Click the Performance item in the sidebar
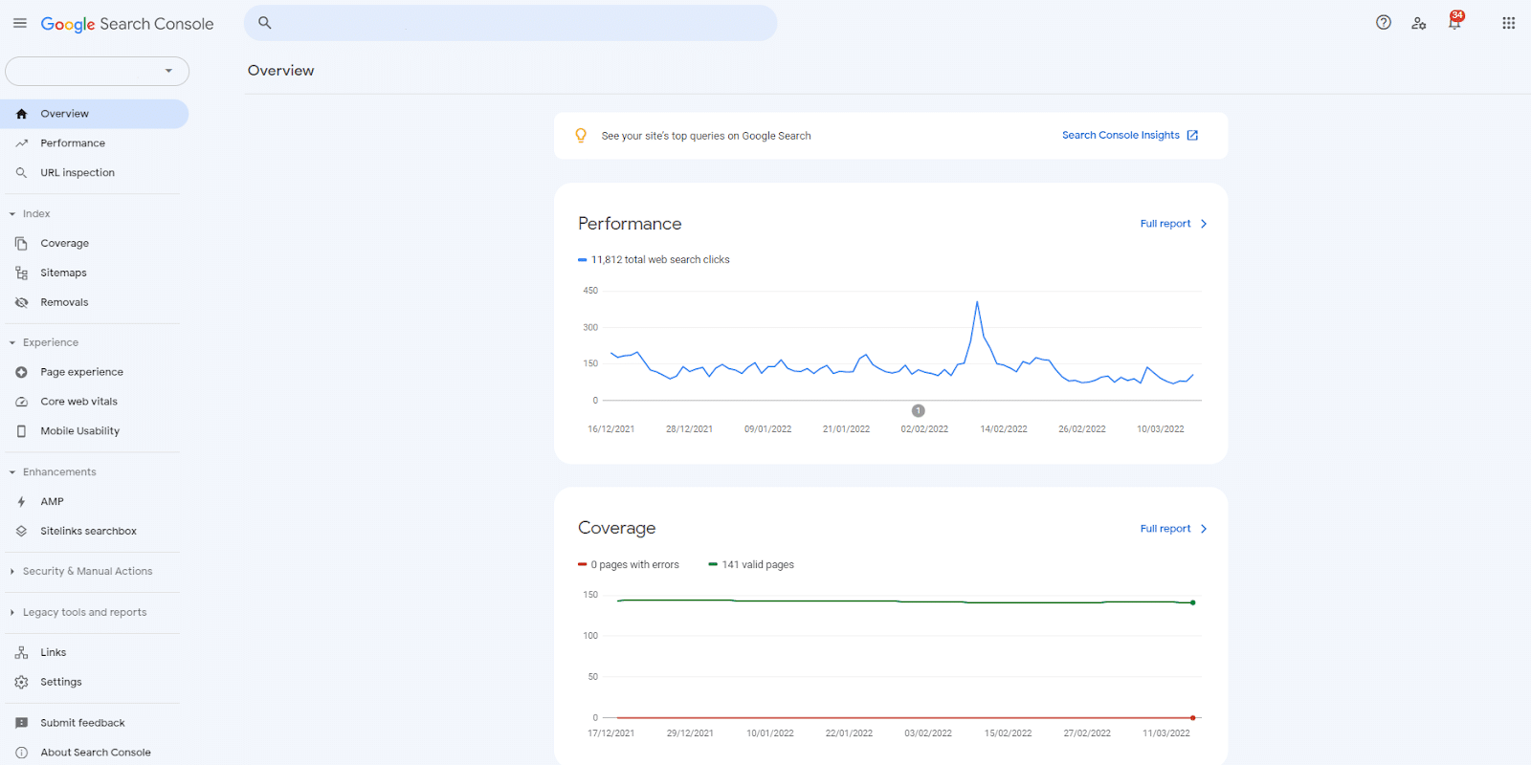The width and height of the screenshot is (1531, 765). pyautogui.click(x=73, y=143)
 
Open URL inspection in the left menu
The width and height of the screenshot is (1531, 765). pyautogui.click(x=78, y=173)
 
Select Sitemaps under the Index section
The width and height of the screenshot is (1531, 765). pyautogui.click(x=63, y=273)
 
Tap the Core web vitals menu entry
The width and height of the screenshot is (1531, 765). pyautogui.click(x=78, y=402)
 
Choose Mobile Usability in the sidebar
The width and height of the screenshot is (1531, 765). pyautogui.click(x=79, y=431)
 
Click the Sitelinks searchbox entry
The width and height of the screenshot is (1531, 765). pyautogui.click(x=88, y=532)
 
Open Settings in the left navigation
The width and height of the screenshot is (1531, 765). pyautogui.click(x=60, y=683)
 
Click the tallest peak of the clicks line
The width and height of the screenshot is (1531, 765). pyautogui.click(x=977, y=303)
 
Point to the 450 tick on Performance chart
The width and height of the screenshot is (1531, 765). pyautogui.click(x=590, y=291)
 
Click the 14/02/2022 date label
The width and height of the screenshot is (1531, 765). pyautogui.click(x=1003, y=429)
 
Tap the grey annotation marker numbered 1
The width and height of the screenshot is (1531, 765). pyautogui.click(x=919, y=411)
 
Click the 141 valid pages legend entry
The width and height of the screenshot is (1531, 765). pyautogui.click(x=757, y=565)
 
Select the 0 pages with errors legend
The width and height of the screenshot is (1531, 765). pyautogui.click(x=633, y=565)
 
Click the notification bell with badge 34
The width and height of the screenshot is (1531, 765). pyautogui.click(x=1454, y=23)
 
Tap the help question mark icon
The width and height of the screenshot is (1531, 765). pyautogui.click(x=1384, y=23)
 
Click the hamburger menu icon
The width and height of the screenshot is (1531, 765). pyautogui.click(x=20, y=24)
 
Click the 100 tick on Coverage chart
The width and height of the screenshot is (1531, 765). pyautogui.click(x=590, y=636)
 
